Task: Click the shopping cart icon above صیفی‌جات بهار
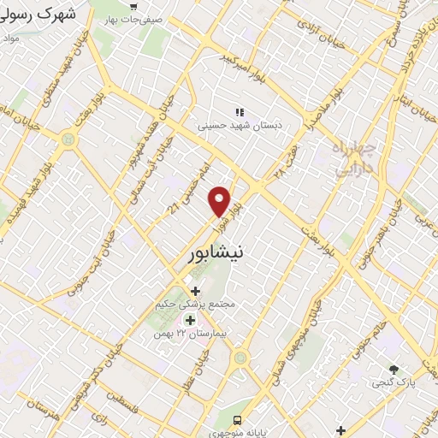[133, 7]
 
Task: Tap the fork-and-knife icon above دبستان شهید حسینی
[240, 111]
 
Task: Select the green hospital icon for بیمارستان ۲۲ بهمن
[190, 320]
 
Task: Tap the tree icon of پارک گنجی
[394, 370]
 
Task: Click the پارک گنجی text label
[394, 384]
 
